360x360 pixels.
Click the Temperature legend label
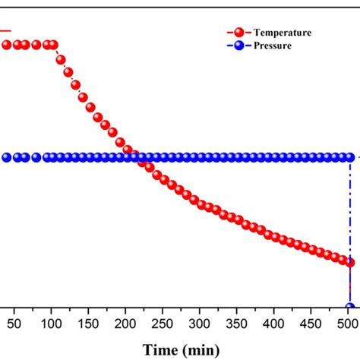(x=282, y=33)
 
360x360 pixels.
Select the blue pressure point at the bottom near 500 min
(x=350, y=308)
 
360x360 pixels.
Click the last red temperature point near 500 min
(x=350, y=262)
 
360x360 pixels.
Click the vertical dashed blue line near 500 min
(x=350, y=213)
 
